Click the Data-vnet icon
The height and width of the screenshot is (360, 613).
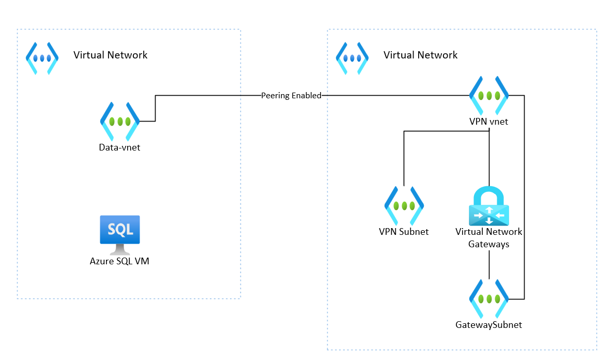[119, 122]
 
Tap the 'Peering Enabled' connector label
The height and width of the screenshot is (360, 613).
[291, 96]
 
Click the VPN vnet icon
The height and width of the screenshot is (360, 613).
[488, 96]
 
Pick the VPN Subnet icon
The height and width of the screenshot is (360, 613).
[404, 205]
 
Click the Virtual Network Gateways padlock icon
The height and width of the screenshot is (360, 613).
[488, 206]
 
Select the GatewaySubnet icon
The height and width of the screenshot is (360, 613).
[488, 299]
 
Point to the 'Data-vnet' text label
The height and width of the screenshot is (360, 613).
[119, 147]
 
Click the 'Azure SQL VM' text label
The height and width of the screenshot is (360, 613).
[119, 261]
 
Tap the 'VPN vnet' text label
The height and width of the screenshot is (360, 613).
[488, 122]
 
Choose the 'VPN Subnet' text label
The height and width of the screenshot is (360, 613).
[404, 232]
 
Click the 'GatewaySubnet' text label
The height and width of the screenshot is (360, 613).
[488, 325]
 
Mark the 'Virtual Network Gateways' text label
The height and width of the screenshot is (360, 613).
[488, 238]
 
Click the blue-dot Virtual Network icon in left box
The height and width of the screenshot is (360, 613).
[42, 58]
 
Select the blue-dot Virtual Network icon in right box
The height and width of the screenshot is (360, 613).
[352, 58]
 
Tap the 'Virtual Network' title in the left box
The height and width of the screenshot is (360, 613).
[110, 55]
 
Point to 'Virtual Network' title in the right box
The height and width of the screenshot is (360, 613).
[420, 55]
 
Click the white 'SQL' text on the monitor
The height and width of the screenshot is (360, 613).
[119, 228]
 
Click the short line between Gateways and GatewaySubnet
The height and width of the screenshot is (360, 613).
[488, 266]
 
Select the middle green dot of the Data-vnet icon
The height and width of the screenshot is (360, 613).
[119, 122]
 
